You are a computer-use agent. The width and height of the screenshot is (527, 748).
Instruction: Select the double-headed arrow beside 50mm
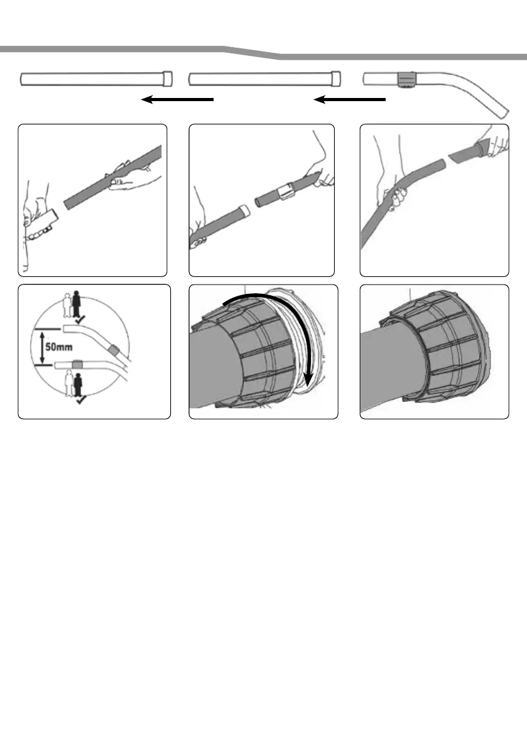pyautogui.click(x=41, y=348)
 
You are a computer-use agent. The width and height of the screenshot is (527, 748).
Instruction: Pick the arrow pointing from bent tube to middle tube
pyautogui.click(x=349, y=99)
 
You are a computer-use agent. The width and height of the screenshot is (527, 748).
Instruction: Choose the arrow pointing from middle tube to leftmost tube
pyautogui.click(x=177, y=99)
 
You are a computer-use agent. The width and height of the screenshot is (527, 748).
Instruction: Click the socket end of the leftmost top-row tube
pyautogui.click(x=168, y=79)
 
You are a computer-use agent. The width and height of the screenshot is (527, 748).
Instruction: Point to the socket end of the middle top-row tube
pyautogui.click(x=336, y=79)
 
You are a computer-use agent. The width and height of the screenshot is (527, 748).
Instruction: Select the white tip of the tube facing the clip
pyautogui.click(x=242, y=210)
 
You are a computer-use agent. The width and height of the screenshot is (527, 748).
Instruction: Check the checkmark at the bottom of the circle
pyautogui.click(x=81, y=399)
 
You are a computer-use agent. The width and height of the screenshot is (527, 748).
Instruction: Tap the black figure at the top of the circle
pyautogui.click(x=76, y=305)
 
